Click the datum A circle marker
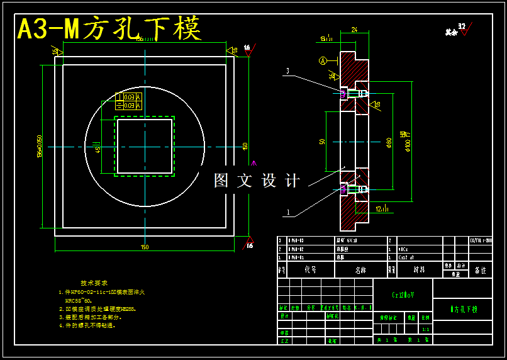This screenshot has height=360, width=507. click(x=323, y=61)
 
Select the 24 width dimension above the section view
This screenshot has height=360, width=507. click(x=354, y=30)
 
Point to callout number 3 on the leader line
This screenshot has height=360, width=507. click(x=287, y=71)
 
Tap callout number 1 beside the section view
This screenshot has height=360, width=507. click(x=288, y=213)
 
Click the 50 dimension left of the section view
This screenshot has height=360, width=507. click(x=322, y=142)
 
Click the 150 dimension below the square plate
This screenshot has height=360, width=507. click(x=145, y=247)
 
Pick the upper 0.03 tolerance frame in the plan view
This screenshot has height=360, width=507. click(x=129, y=97)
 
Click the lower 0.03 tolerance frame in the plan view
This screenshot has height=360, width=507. click(x=129, y=106)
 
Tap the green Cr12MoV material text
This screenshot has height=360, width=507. click(x=403, y=294)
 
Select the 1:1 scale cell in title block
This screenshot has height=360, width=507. click(x=425, y=329)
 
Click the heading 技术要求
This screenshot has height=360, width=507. click(x=94, y=283)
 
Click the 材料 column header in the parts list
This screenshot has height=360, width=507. click(x=418, y=269)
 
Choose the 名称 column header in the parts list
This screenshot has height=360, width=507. click(x=360, y=269)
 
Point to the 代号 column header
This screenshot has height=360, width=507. click(x=310, y=269)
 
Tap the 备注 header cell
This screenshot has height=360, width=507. click(x=481, y=269)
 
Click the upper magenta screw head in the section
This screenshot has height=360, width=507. click(x=343, y=94)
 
